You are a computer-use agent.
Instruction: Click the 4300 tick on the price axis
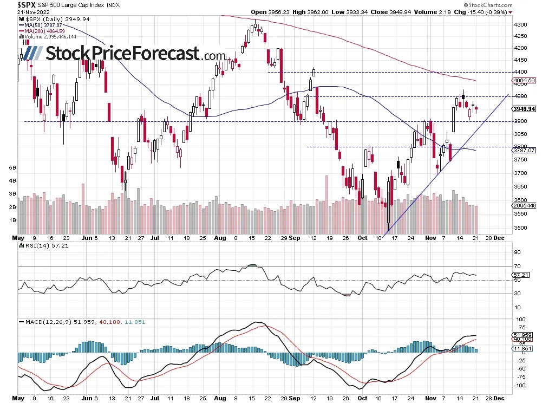click(x=520, y=24)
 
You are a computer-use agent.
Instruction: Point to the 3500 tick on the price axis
click(x=520, y=227)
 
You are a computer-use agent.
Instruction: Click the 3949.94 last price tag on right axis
click(x=524, y=108)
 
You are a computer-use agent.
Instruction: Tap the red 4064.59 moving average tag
click(x=524, y=81)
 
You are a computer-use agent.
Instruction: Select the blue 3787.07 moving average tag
click(x=524, y=151)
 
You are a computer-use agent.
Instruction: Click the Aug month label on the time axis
click(x=219, y=237)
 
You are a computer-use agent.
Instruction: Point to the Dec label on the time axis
click(x=501, y=237)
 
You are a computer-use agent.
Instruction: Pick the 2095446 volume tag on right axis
click(x=523, y=206)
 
